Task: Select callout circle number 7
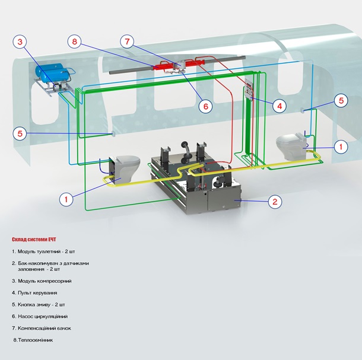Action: tap(126, 42)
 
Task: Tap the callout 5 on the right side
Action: tap(341, 100)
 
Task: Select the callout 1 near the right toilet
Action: tap(340, 146)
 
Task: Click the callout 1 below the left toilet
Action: tap(67, 199)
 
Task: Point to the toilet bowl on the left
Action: tap(126, 163)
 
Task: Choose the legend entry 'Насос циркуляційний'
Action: tap(42, 316)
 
